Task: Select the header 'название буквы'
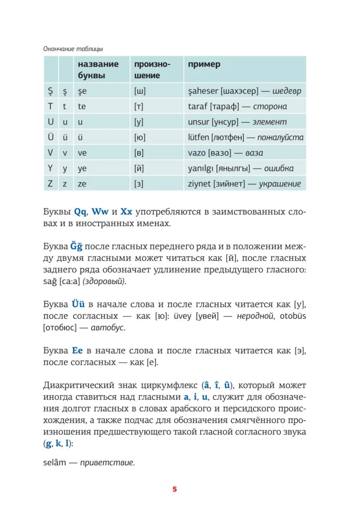[x=98, y=70]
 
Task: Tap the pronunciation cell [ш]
[x=140, y=90]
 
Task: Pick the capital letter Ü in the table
[x=51, y=137]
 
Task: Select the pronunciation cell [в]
[x=139, y=153]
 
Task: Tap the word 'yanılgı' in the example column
[x=203, y=168]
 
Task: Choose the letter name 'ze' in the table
[x=82, y=184]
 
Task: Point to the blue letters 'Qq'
[x=80, y=212]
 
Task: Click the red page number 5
[x=175, y=489]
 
